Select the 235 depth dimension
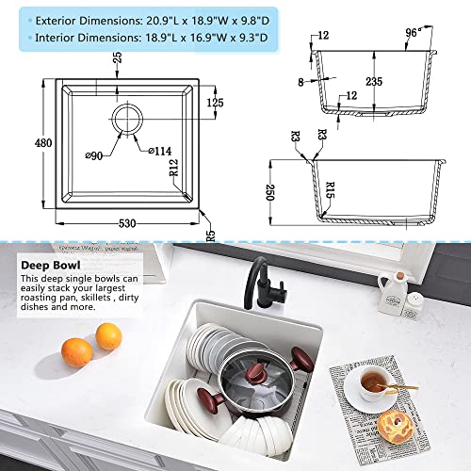click(376, 81)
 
